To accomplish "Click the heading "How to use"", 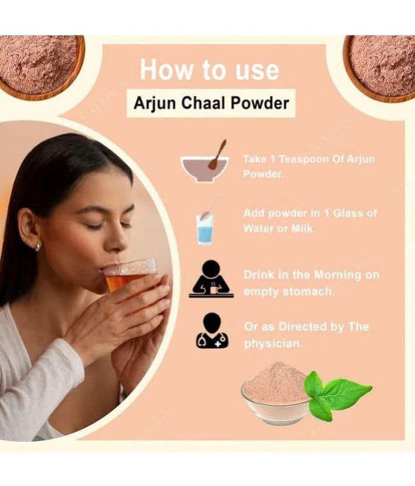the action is tap(210, 70).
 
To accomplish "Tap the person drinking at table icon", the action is tap(211, 279).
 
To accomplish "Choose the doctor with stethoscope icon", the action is tap(211, 330).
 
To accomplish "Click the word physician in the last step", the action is tap(272, 344).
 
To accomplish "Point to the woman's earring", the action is tap(38, 247).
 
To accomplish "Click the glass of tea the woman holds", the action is tap(129, 274).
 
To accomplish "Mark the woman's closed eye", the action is tap(95, 226).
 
